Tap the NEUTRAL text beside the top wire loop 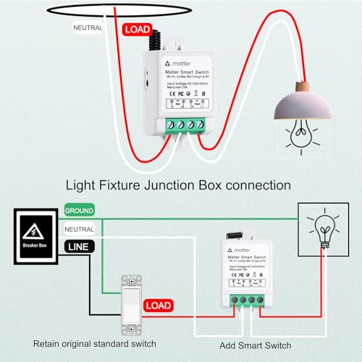pyautogui.click(x=88, y=28)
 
